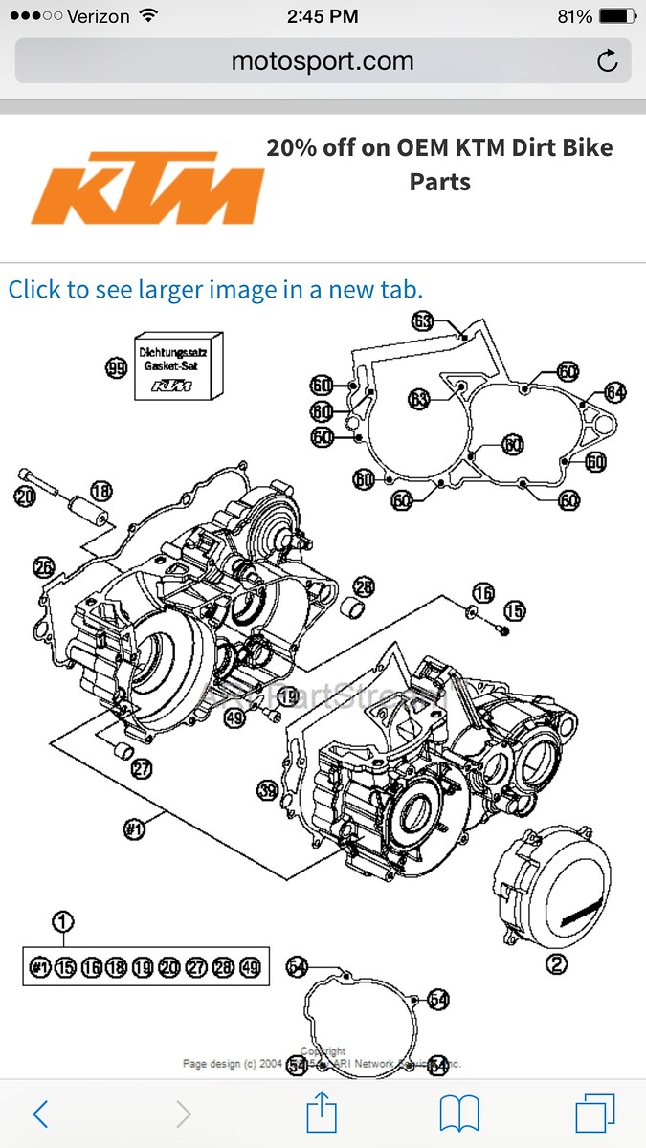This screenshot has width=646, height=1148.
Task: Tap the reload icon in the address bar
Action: (x=607, y=62)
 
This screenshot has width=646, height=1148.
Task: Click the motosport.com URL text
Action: (x=323, y=62)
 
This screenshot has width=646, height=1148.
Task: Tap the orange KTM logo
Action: (x=147, y=188)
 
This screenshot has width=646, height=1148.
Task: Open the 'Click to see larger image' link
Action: (x=215, y=289)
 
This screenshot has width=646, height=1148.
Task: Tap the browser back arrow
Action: (x=40, y=1114)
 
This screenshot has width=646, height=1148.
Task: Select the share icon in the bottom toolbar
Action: (x=323, y=1114)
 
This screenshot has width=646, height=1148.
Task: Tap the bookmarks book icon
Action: (x=459, y=1114)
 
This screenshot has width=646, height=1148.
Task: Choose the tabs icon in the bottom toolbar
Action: (x=594, y=1114)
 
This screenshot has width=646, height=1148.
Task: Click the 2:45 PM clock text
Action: (x=323, y=17)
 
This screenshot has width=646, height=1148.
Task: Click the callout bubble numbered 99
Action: (x=117, y=367)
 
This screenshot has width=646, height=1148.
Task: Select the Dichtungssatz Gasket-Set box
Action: (x=178, y=367)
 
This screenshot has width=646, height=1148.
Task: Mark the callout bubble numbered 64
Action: (x=614, y=392)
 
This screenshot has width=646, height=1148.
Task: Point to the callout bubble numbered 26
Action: (x=43, y=566)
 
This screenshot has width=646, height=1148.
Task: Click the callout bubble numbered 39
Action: (x=269, y=789)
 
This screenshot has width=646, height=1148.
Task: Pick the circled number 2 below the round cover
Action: (x=556, y=965)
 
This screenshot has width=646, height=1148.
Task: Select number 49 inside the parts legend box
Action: (x=251, y=967)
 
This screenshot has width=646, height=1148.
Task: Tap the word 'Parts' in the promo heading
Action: (x=439, y=181)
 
